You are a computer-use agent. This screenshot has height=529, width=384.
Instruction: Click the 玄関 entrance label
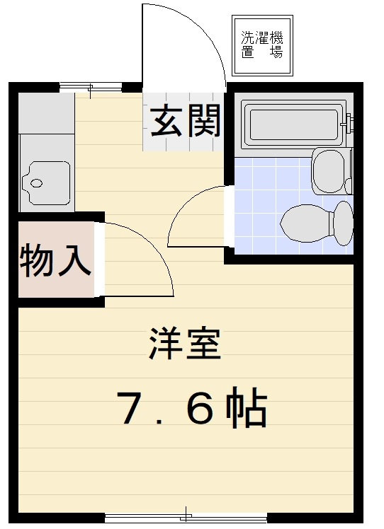185,121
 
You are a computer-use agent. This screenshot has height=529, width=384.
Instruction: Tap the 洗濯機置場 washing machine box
262,45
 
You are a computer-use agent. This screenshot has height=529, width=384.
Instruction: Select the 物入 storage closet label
55,260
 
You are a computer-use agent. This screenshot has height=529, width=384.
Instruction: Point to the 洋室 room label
186,344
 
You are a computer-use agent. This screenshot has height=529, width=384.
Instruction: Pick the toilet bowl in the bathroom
307,223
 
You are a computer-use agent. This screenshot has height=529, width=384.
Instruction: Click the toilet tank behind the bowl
344,223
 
